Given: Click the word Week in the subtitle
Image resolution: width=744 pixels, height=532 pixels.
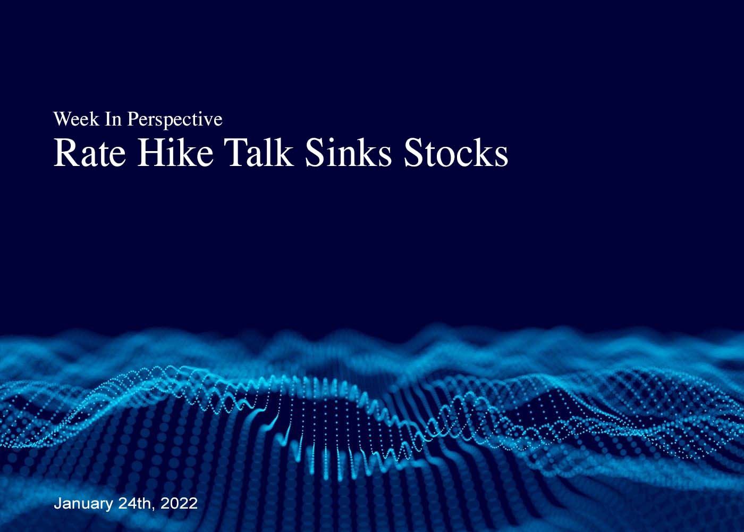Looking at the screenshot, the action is (x=76, y=119).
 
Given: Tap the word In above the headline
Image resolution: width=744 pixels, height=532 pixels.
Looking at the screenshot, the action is (x=113, y=119).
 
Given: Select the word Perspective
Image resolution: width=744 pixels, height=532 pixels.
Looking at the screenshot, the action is (x=175, y=120).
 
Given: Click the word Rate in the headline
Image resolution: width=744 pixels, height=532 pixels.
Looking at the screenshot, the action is (x=90, y=153).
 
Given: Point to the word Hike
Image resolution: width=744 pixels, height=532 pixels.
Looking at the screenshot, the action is (x=175, y=152).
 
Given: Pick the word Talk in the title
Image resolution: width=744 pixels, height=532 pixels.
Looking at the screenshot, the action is (x=259, y=152).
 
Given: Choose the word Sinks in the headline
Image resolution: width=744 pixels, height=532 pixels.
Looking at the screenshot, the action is (x=349, y=152).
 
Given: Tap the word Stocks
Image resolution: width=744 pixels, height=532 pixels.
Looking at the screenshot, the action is (x=456, y=152).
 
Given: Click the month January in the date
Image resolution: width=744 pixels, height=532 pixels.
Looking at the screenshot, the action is (x=83, y=504).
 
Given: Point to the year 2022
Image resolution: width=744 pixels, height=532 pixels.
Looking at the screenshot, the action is (x=179, y=503).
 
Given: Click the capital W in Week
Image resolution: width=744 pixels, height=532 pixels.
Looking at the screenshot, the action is (x=62, y=119).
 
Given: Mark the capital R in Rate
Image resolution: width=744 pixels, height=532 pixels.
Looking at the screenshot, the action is (x=65, y=153).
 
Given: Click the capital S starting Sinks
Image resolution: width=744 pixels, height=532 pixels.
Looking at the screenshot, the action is (x=314, y=153).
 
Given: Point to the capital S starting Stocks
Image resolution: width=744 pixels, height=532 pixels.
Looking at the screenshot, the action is (x=413, y=153).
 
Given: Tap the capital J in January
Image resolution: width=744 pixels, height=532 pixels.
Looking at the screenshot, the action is (x=57, y=504).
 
